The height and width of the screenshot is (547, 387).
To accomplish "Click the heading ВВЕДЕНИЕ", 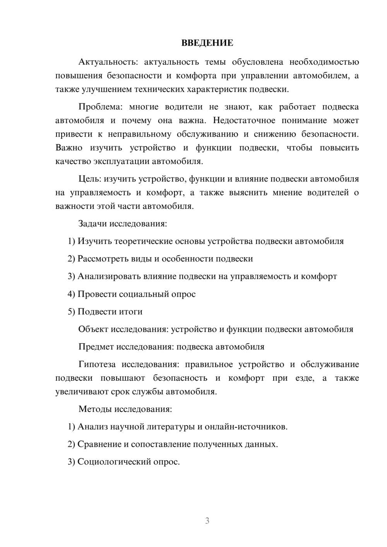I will (207, 43).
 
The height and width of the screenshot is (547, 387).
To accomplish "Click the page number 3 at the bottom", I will (207, 521).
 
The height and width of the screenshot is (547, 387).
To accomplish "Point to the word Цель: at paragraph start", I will (90, 179).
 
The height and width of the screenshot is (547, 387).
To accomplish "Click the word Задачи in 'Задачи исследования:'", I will (93, 224).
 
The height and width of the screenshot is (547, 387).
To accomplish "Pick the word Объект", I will (93, 329).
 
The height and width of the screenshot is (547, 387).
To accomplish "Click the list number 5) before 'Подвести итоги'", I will (71, 312).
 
